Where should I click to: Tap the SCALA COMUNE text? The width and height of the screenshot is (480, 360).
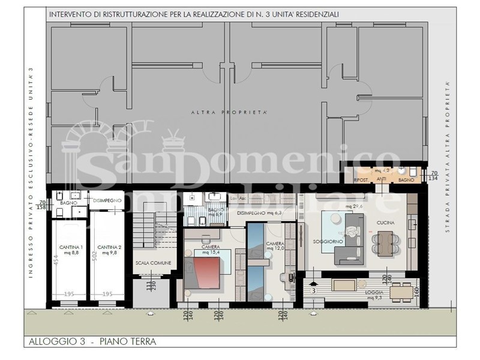(x=153, y=263)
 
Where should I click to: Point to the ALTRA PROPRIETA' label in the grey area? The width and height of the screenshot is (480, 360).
(x=229, y=112)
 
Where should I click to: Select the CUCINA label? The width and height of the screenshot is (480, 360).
(x=385, y=223)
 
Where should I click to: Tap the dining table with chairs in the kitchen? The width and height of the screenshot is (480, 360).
(x=384, y=243)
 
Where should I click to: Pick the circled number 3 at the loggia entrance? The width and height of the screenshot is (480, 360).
(x=314, y=291)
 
